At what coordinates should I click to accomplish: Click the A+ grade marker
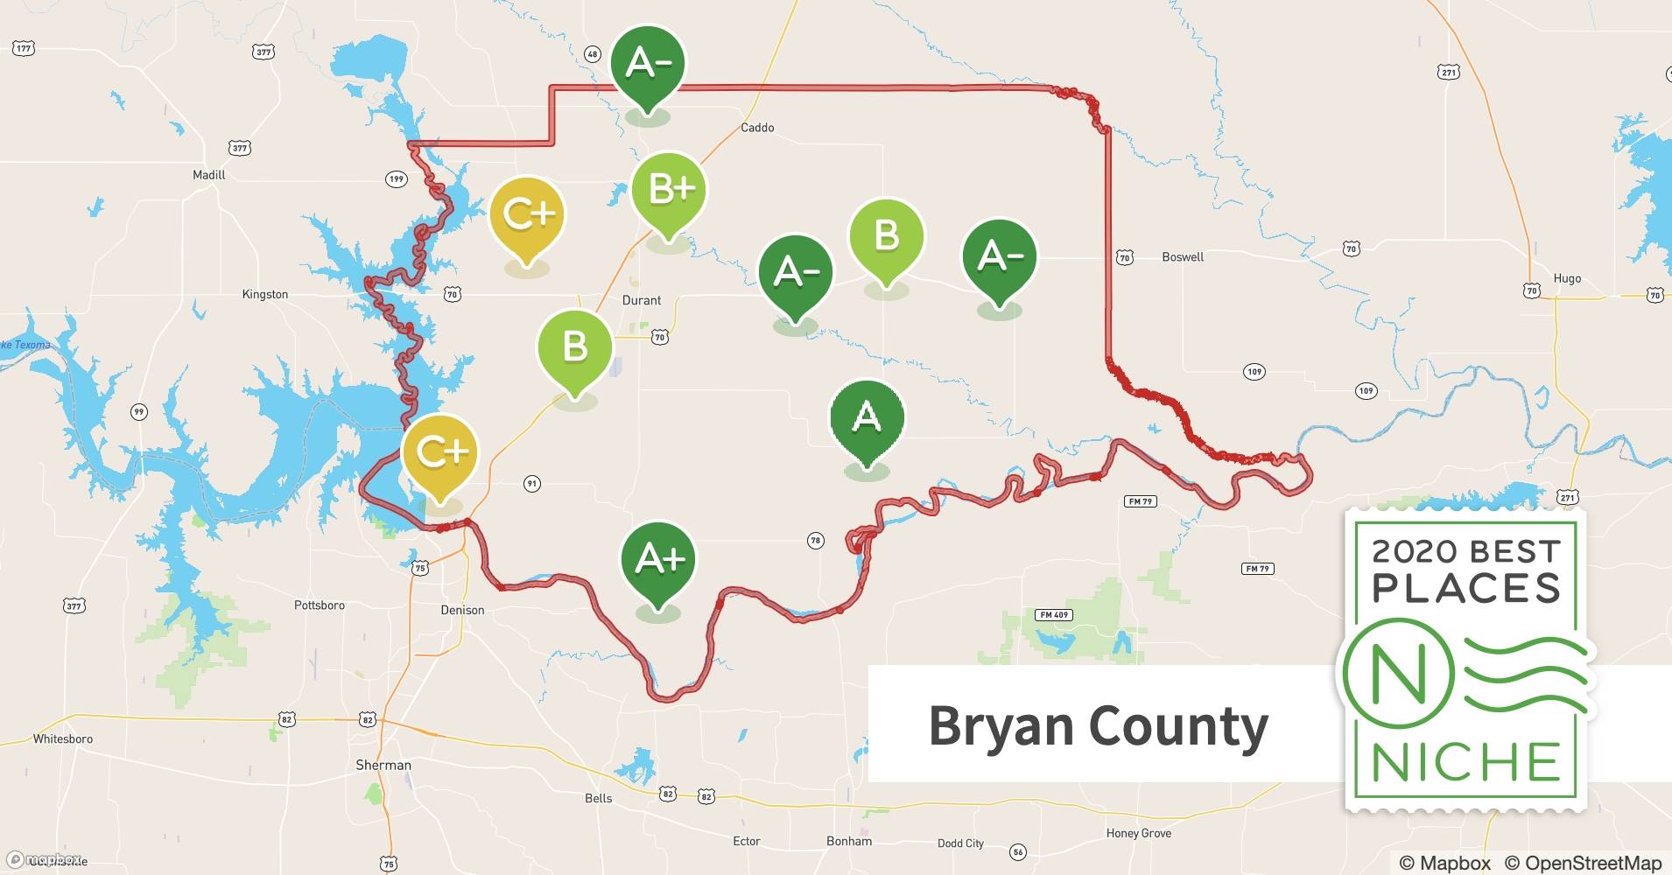(658, 561)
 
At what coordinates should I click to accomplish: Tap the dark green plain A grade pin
(867, 418)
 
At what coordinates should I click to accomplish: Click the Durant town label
(642, 300)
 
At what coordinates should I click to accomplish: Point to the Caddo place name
(757, 128)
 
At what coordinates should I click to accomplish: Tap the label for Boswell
(1183, 257)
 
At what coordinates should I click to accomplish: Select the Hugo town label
(1567, 278)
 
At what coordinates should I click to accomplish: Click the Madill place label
(209, 175)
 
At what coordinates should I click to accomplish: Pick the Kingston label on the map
(265, 295)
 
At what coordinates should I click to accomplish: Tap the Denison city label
(462, 610)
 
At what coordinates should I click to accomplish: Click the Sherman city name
(383, 765)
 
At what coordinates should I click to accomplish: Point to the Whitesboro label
(63, 738)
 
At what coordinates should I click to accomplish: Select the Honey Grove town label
(1138, 833)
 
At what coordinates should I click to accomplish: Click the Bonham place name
(849, 841)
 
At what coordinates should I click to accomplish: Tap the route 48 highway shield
(593, 54)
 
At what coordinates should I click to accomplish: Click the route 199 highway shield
(397, 179)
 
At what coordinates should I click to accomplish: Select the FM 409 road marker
(1054, 615)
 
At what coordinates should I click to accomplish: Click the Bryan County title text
(1098, 725)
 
